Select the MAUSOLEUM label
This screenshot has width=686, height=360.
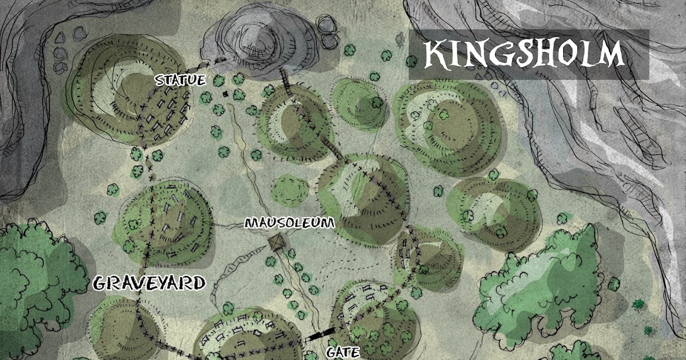point(289,223)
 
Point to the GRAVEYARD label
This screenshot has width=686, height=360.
point(149,283)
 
